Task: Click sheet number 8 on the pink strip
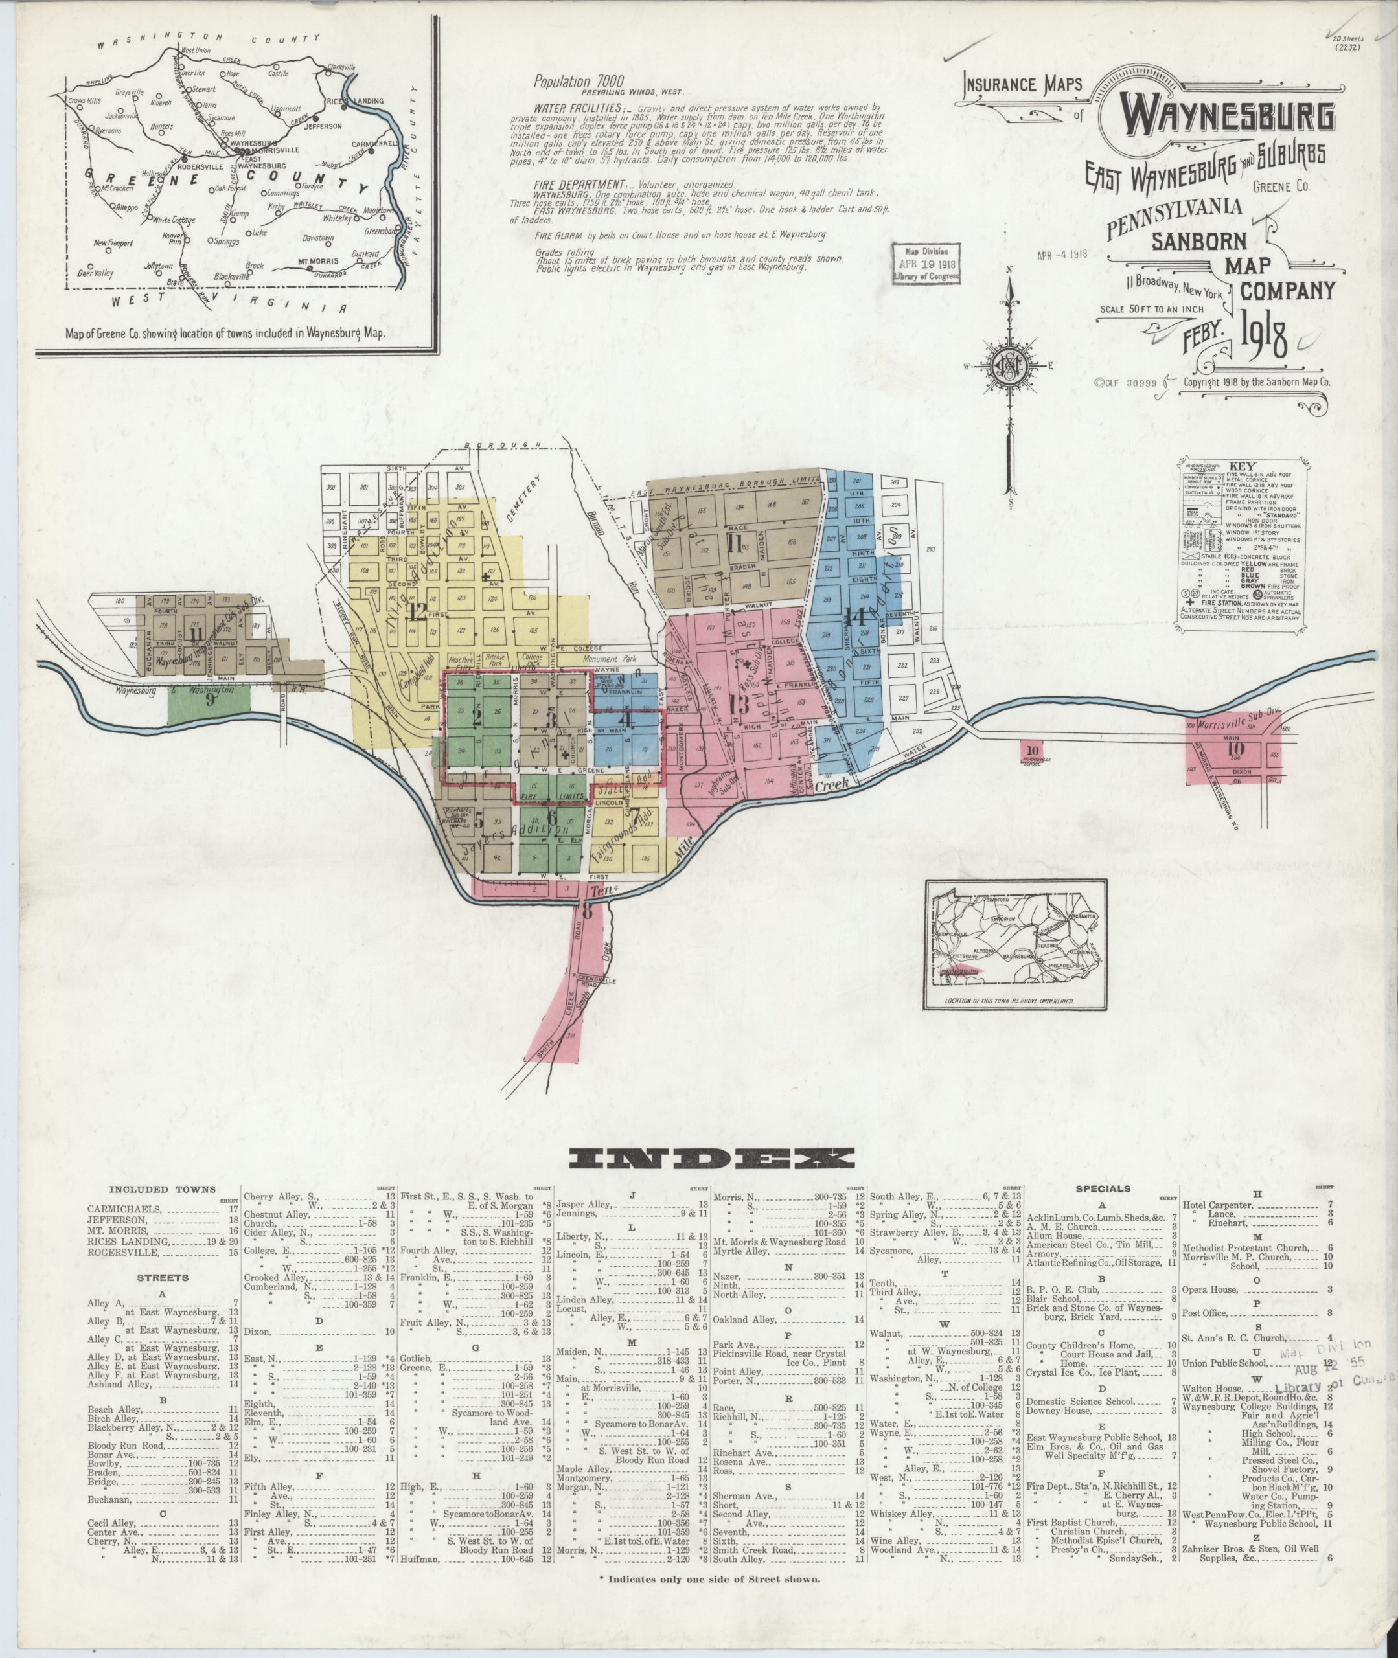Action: pyautogui.click(x=588, y=910)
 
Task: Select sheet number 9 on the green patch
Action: pyautogui.click(x=211, y=699)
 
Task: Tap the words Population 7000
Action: pyautogui.click(x=579, y=81)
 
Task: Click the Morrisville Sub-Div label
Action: pyautogui.click(x=1232, y=725)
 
